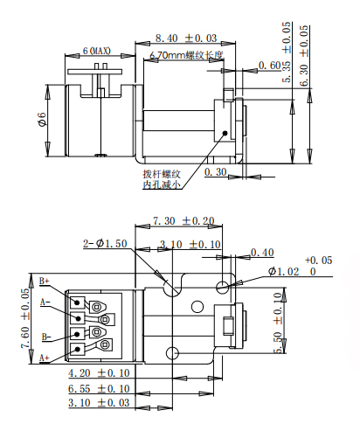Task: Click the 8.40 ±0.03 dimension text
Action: pos(185,38)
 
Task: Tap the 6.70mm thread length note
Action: pos(186,55)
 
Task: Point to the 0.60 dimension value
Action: pos(270,66)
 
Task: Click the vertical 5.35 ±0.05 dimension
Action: pos(286,53)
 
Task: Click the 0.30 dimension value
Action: pos(217,172)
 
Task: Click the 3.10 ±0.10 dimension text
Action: pos(190,244)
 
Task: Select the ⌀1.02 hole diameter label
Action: pos(285,273)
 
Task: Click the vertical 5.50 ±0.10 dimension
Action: pos(279,323)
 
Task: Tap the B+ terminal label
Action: pos(45,282)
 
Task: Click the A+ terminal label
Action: pos(45,358)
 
